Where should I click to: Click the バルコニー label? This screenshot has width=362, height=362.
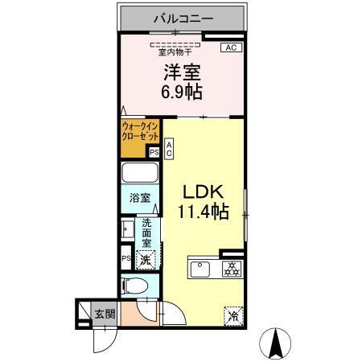(x=181, y=16)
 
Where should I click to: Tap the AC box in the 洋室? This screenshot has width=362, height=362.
(x=229, y=48)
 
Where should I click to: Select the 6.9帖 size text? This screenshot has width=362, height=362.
(x=181, y=91)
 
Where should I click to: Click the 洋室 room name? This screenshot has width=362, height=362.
(x=181, y=71)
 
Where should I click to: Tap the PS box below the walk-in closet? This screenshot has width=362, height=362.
(x=154, y=150)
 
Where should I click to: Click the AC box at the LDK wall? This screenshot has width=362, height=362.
(x=170, y=147)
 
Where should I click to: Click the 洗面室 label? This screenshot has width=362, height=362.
(x=148, y=232)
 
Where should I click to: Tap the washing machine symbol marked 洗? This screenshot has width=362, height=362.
(x=146, y=260)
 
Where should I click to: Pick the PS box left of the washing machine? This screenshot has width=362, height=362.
(x=125, y=258)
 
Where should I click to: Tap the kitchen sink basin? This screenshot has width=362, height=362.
(x=200, y=268)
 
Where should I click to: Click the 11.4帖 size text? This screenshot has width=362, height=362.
(x=204, y=212)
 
